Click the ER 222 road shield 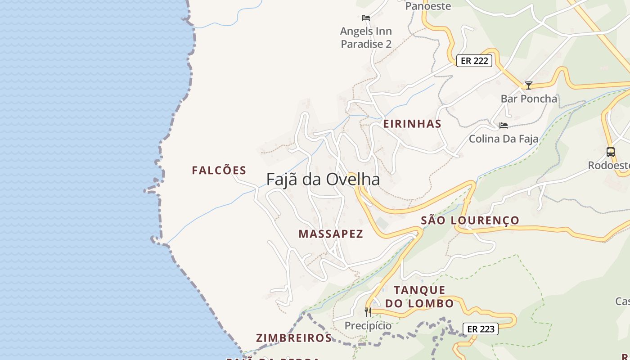(474, 61)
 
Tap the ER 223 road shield (481, 329)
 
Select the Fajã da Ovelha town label (323, 179)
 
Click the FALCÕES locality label (219, 171)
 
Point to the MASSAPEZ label (331, 234)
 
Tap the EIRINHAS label (412, 124)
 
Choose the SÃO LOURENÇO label (470, 220)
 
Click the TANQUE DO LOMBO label (419, 297)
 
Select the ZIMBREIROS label (294, 338)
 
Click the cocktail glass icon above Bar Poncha (529, 85)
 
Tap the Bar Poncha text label (529, 99)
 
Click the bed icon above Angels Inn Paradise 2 (366, 18)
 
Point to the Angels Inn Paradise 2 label (366, 37)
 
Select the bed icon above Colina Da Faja (504, 125)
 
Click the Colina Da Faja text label (504, 139)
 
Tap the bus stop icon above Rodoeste (611, 152)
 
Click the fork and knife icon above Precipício (368, 312)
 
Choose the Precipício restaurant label (368, 325)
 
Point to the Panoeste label (428, 6)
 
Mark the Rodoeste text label (609, 166)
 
